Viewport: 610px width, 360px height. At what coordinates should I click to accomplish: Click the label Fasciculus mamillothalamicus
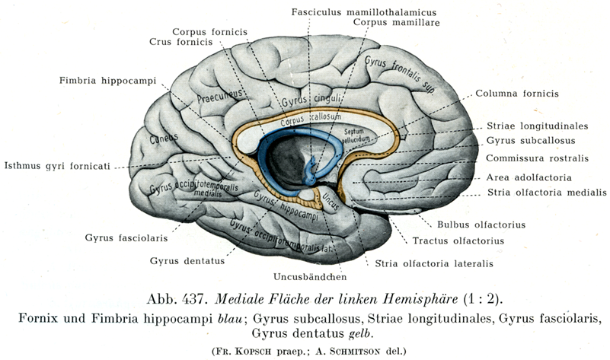point(364,12)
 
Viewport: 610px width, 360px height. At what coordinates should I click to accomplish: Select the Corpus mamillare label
point(397,22)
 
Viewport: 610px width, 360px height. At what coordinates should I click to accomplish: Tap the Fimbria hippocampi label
point(108,81)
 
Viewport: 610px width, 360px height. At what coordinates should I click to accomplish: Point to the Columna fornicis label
point(517,94)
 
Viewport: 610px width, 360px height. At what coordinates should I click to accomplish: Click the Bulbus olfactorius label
point(481,225)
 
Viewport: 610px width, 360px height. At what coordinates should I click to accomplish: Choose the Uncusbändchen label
point(310,277)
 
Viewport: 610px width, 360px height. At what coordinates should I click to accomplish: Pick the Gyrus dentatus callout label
point(187,261)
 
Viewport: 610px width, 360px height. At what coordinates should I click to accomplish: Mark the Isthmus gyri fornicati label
point(57,167)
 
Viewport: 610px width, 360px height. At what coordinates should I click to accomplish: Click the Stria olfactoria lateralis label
point(434,263)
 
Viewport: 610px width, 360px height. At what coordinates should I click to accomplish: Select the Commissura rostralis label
point(537,158)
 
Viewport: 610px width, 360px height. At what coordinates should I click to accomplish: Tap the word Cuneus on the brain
point(164,138)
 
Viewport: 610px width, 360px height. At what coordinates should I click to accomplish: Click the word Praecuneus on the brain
point(220,96)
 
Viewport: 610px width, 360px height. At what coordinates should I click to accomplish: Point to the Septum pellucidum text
point(355,135)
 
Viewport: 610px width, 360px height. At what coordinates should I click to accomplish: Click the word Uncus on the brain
point(329,201)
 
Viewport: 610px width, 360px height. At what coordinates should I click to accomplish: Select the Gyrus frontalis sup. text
point(400,73)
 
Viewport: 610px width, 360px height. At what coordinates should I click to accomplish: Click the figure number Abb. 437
point(176,299)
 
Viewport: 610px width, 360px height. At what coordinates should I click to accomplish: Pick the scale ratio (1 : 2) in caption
point(483,299)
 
